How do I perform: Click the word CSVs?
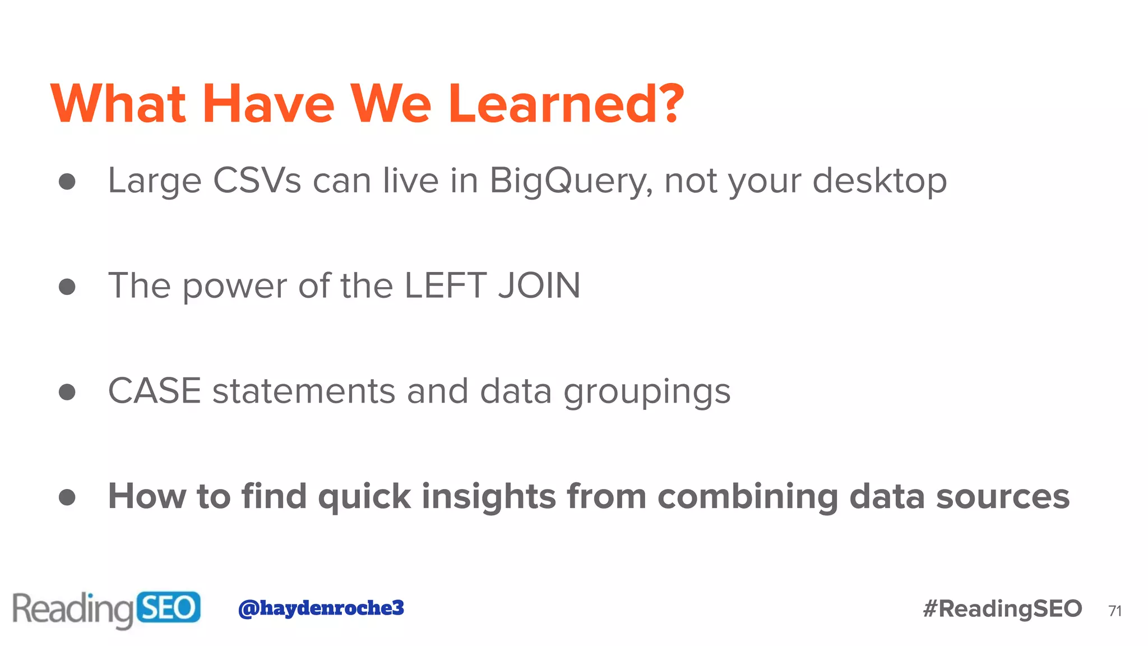pos(257,181)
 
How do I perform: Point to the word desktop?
pos(879,181)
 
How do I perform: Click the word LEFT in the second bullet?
pos(445,285)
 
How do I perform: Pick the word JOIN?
pos(539,285)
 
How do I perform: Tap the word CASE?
pos(155,391)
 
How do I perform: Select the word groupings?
pos(647,391)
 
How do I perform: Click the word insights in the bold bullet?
pos(488,496)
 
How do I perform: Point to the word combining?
pos(748,497)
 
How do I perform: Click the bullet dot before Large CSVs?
pos(67,181)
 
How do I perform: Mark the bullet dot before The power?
pos(67,287)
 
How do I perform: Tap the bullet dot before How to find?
pos(67,497)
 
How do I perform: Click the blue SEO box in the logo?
pos(168,607)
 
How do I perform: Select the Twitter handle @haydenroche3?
pos(321,608)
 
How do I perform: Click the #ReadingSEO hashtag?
pos(1002,608)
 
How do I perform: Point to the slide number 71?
pos(1115,611)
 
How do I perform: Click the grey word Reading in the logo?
pos(73,609)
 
